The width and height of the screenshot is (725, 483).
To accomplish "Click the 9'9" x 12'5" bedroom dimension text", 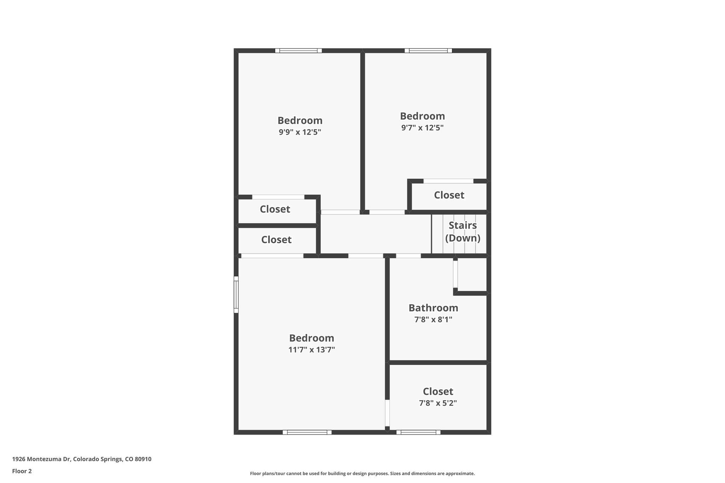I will (299, 132).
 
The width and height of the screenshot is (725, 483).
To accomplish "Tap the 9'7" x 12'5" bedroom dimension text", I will (422, 128).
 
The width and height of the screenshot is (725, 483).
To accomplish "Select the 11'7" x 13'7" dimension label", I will (312, 350).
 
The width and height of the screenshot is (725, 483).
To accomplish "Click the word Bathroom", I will (433, 308).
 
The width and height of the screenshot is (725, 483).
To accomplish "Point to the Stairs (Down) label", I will (462, 232).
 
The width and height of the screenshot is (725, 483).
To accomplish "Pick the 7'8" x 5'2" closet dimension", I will (438, 403).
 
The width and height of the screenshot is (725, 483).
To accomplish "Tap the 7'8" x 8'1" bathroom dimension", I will (433, 320).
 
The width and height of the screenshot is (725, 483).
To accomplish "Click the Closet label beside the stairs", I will (449, 195).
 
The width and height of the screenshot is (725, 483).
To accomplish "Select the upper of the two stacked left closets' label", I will (275, 209).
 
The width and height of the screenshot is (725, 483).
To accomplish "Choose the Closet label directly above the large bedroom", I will (276, 240).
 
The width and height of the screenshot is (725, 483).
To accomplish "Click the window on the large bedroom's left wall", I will (236, 295).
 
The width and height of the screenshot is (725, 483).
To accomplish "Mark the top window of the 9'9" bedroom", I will (298, 51).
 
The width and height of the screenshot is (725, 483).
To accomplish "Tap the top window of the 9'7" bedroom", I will (428, 51).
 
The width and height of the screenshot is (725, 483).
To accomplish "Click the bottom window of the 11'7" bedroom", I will (307, 432).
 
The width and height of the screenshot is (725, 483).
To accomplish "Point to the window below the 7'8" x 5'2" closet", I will (418, 432).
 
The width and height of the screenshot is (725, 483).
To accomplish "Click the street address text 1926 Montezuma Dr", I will (81, 459).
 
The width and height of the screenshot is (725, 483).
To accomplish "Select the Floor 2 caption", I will (22, 471).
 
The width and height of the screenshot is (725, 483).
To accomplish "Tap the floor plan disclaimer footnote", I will (362, 473).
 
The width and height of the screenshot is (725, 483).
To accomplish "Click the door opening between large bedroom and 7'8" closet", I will (387, 413).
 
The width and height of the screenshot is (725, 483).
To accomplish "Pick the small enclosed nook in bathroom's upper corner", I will (472, 275).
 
